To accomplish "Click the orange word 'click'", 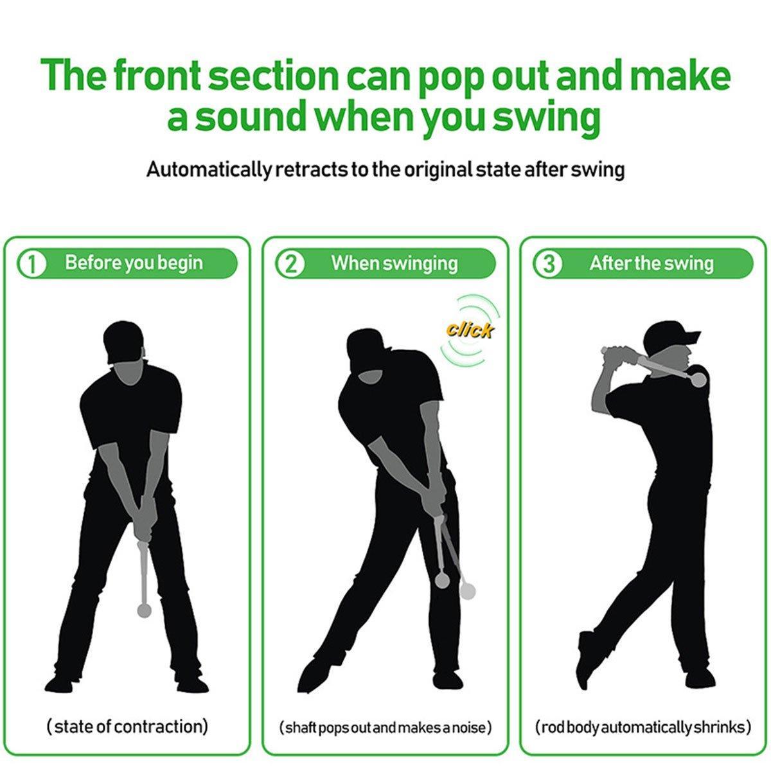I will click(470, 330).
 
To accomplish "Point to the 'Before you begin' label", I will click(134, 263).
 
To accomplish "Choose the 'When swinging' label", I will click(394, 263).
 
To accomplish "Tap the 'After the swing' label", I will click(651, 263).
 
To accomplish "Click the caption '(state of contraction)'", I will click(127, 727).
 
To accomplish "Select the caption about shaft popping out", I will click(385, 728).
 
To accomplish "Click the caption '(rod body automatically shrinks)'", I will click(643, 728).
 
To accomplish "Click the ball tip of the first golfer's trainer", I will click(145, 610).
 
